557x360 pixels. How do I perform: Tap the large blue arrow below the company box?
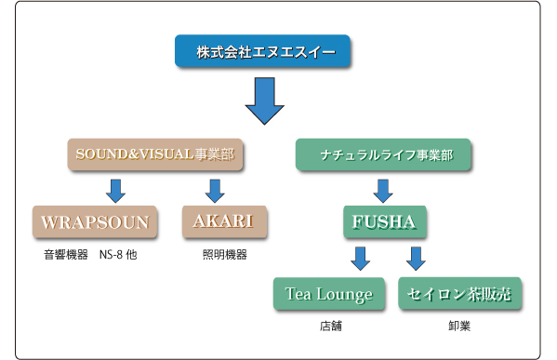coord(265,102)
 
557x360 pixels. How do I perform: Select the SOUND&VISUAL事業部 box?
coord(154,153)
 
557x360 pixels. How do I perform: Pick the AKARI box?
coord(223,222)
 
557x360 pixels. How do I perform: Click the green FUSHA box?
coord(383,223)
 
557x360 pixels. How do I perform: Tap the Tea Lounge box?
coord(329,294)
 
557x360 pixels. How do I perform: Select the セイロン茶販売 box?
coord(459,294)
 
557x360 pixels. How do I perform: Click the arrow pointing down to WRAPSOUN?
coord(115,190)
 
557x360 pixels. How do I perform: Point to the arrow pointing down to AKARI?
coord(214,190)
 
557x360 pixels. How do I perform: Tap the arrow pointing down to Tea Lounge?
coord(362,259)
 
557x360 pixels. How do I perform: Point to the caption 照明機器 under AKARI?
coord(223,253)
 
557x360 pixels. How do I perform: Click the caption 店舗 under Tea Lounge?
coord(329,327)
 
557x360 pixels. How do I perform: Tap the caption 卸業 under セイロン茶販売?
coord(458,327)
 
